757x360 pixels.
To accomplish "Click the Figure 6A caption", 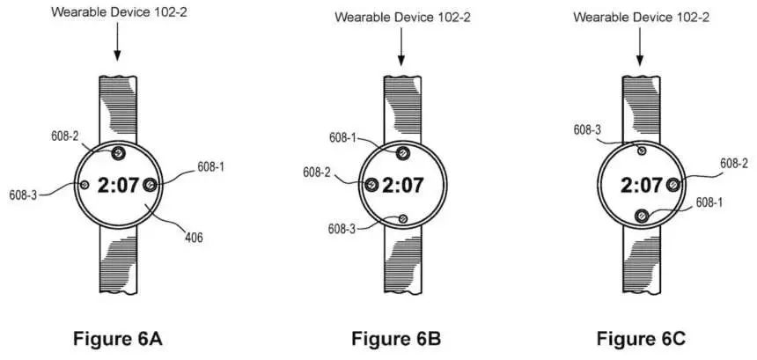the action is coord(117,338).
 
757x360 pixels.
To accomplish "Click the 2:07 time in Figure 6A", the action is coord(117,186).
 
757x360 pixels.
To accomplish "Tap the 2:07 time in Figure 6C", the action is coord(641,186).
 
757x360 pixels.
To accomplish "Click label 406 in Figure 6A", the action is coord(194,236).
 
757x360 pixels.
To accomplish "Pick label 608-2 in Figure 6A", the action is coord(64,136).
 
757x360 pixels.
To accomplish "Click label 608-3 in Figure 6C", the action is coord(588,130).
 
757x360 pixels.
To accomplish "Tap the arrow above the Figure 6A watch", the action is coord(117,44).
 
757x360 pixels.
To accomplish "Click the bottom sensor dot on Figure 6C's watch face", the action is coord(641,214).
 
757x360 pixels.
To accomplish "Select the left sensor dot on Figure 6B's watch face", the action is coord(371,184).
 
